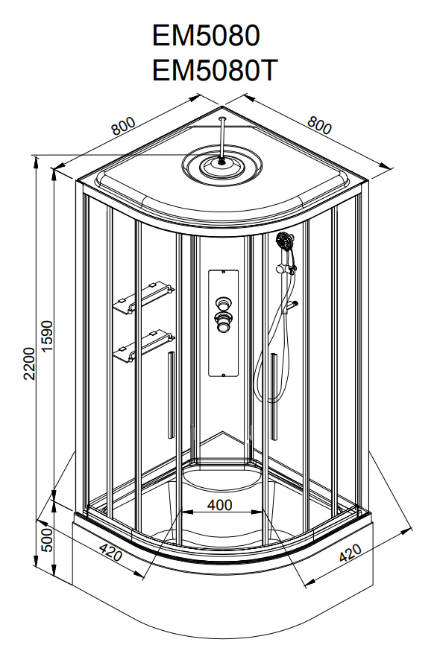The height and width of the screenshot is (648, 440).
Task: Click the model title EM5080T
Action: click(x=214, y=70)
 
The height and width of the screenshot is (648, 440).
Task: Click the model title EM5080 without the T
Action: click(x=206, y=36)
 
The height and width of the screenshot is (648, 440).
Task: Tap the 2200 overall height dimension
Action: click(x=29, y=363)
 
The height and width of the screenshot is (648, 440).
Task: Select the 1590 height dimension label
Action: click(x=48, y=336)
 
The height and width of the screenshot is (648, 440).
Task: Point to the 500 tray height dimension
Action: click(x=48, y=539)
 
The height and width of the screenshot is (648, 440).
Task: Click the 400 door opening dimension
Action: click(x=220, y=504)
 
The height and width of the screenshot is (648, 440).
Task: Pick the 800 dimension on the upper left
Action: click(x=123, y=126)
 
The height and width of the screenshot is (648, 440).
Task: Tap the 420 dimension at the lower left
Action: click(x=111, y=552)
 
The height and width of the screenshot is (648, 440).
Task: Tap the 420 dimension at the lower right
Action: click(x=351, y=553)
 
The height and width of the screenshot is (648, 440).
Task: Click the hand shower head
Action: click(x=285, y=240)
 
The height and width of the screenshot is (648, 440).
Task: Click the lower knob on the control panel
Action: click(x=223, y=322)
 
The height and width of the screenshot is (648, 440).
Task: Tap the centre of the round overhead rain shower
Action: click(x=223, y=162)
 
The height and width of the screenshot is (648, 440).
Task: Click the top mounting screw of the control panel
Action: click(x=224, y=273)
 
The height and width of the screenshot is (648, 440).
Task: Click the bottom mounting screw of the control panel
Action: click(x=224, y=375)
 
